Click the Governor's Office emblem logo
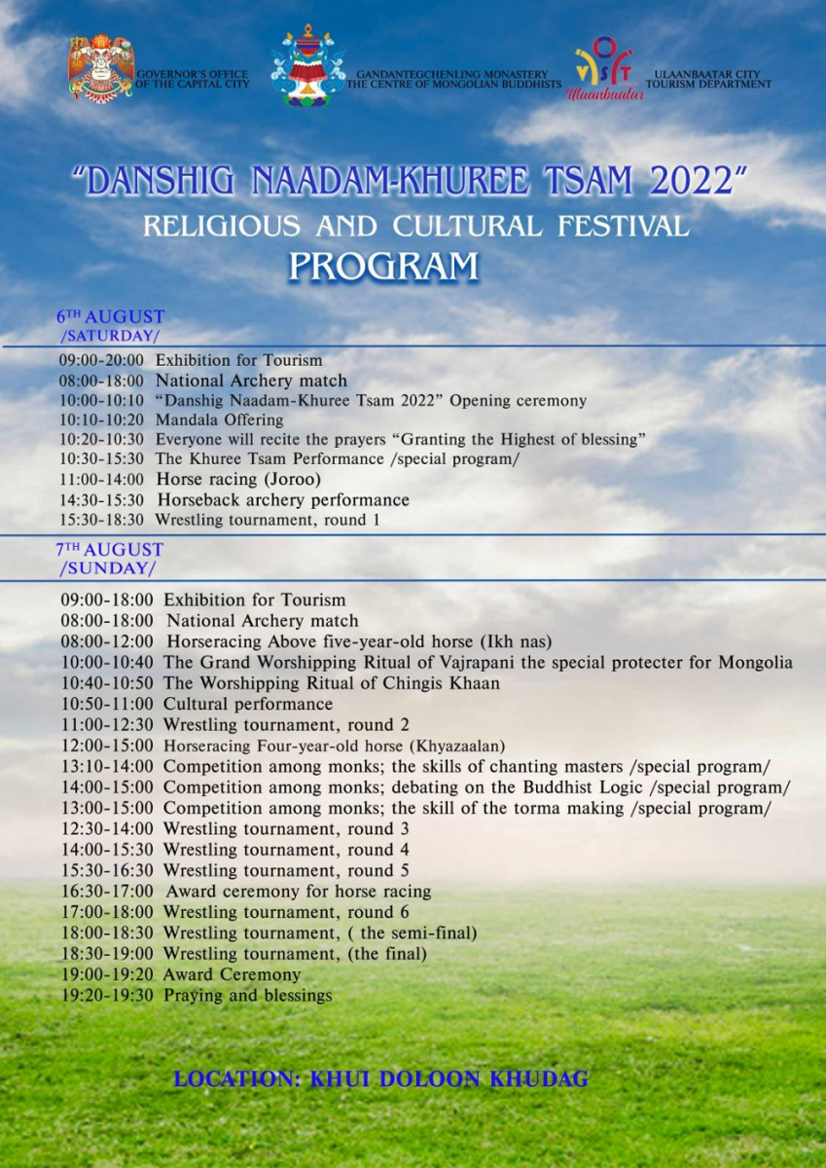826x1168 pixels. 100,68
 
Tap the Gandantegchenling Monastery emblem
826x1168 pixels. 307,66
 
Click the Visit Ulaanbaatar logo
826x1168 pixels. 603,68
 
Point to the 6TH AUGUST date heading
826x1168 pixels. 110,317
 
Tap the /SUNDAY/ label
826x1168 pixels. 106,568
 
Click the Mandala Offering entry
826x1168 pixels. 219,420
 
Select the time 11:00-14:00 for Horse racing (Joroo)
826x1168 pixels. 101,480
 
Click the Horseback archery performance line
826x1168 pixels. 282,500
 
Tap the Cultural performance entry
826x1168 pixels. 247,704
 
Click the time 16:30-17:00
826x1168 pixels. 107,892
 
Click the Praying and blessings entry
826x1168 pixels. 247,996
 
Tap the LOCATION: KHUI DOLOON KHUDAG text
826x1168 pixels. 380,1079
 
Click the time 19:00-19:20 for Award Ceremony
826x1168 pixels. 107,974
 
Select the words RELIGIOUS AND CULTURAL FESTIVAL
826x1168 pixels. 415,226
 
